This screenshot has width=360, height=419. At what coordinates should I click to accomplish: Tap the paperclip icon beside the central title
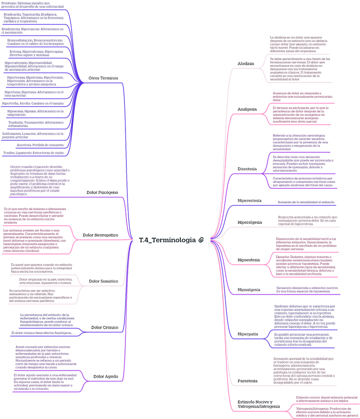pos(201,240)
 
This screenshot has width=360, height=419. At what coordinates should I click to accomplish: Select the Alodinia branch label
pos(246,64)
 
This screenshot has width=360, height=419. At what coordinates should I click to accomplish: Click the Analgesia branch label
pos(247,109)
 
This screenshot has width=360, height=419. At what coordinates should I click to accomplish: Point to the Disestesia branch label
pos(247,168)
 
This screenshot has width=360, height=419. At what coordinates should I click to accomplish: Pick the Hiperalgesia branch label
pos(250,222)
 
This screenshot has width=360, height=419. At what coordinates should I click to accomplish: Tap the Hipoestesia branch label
pos(249,259)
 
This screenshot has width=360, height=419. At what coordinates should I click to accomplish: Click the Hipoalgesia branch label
pos(249,289)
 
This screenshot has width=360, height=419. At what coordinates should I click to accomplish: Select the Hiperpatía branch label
pos(248,334)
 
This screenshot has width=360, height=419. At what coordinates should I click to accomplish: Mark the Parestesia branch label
pos(247,381)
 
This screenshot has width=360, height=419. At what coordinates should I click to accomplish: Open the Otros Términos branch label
pos(103,78)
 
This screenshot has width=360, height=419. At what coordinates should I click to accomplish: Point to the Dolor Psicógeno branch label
pos(102,192)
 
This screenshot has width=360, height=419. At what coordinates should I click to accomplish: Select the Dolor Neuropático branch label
pos(100,235)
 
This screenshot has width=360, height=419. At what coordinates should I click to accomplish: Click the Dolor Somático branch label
pos(103,281)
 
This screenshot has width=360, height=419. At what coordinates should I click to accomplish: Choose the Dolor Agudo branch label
pos(106,376)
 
